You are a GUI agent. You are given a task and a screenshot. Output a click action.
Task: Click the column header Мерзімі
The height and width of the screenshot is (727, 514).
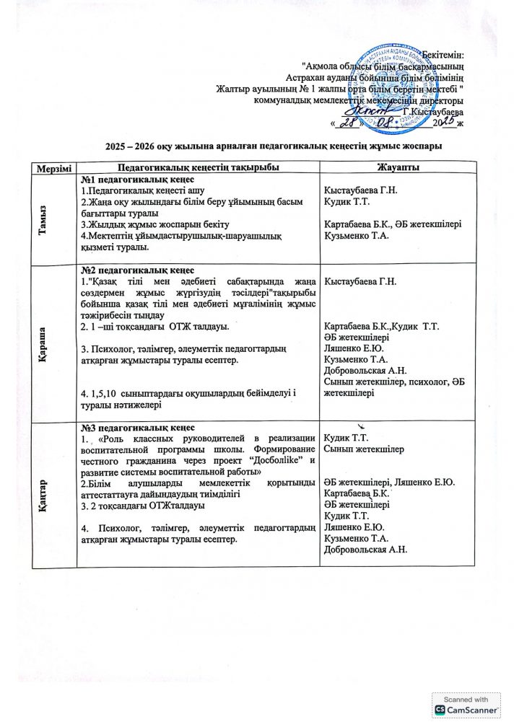click(x=51, y=167)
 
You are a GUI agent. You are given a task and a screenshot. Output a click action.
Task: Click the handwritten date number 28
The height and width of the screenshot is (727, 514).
click(x=352, y=124)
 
